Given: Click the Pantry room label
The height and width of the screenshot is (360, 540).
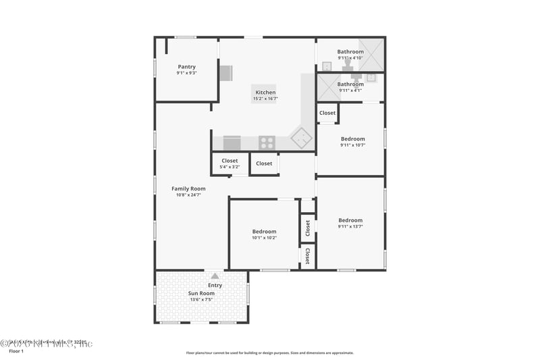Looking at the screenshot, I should click(187, 66).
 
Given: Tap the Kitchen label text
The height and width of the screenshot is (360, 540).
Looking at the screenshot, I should click(265, 93).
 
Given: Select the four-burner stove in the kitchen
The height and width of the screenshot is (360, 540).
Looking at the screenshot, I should click(267, 143).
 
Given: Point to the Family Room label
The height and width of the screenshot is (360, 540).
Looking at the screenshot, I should click(188, 188).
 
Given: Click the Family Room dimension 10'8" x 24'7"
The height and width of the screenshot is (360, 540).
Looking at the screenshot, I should click(188, 195).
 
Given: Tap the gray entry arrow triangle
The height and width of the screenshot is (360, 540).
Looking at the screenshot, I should click(215, 276).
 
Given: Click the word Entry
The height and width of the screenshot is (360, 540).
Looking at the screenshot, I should click(215, 285).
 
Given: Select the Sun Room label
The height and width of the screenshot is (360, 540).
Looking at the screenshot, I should click(201, 294).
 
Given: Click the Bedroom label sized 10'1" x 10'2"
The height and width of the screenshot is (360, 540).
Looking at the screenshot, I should click(264, 231).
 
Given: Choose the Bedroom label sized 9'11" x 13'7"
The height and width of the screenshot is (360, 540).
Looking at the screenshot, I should click(350, 220).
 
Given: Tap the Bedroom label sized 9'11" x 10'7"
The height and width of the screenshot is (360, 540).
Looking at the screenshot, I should click(352, 138).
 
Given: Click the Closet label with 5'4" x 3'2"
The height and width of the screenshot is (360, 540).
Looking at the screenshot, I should click(230, 161).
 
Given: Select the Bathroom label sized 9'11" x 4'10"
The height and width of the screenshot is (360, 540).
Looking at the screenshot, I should click(350, 51).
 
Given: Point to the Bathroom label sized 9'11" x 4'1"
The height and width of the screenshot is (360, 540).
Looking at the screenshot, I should click(350, 84).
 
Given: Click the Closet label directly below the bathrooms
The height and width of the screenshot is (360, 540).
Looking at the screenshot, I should click(327, 113).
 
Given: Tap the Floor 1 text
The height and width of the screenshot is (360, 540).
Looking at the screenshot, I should click(16, 351).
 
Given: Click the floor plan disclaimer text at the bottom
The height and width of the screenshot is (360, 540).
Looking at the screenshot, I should click(269, 352).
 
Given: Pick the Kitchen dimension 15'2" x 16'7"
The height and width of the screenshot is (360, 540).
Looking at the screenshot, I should click(265, 99).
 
